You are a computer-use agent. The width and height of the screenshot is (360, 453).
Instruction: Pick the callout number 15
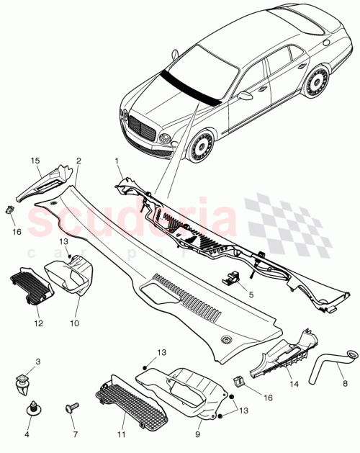point(35,160)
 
